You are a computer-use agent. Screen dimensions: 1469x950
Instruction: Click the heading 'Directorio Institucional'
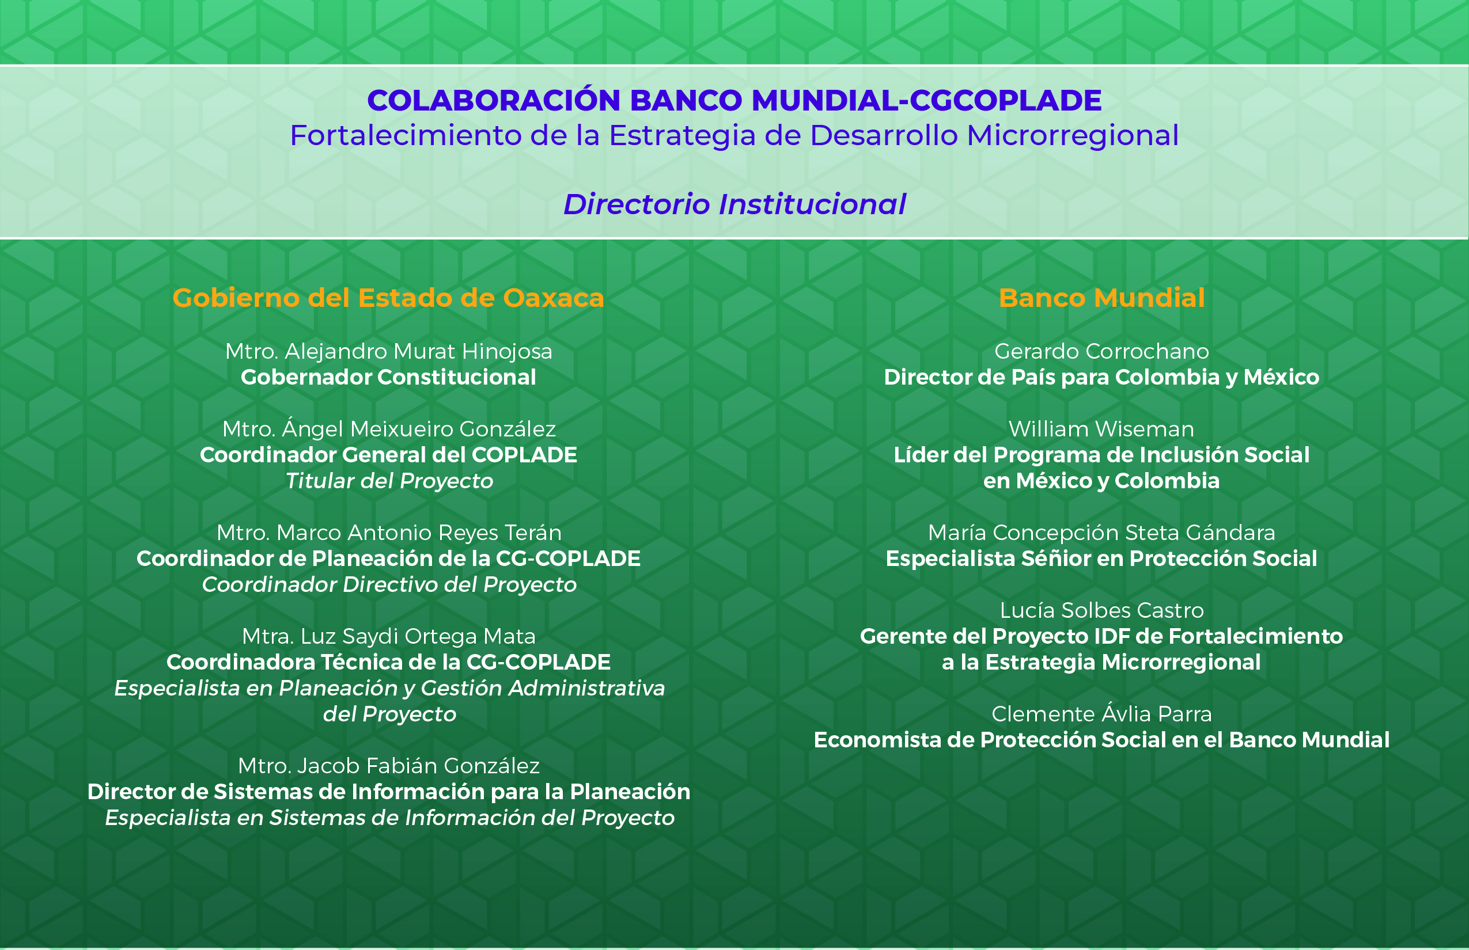pos(734,204)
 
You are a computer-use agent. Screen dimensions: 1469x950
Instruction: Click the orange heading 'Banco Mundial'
pos(1101,298)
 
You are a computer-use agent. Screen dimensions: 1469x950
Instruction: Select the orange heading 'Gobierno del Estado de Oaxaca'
pos(388,298)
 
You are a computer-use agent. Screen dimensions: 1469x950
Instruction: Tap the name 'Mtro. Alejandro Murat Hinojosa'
pos(389,352)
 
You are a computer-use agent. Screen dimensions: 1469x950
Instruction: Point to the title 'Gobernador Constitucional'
pos(388,377)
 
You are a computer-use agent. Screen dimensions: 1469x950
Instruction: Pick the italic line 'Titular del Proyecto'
pos(389,481)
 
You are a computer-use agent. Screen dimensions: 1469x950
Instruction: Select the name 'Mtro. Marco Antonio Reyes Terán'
pos(389,533)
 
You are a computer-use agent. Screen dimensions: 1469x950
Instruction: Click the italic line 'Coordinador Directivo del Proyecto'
pos(389,585)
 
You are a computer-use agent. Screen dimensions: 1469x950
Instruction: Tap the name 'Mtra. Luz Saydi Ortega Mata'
pos(389,637)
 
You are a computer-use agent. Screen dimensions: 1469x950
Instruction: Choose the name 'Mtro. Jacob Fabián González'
pos(389,766)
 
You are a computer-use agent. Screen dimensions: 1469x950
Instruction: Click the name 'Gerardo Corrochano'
pos(1101,352)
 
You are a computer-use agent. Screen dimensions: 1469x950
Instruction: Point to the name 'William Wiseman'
pos(1101,429)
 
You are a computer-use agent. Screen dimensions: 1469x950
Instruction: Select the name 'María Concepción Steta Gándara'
pos(1101,533)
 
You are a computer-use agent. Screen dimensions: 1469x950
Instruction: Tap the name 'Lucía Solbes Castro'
pos(1101,610)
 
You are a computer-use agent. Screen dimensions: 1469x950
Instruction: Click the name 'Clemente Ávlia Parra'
pos(1101,713)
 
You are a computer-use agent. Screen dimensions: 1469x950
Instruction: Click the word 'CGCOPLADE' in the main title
pos(1005,101)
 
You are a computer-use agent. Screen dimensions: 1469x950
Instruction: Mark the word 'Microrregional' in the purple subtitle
pos(1073,136)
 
